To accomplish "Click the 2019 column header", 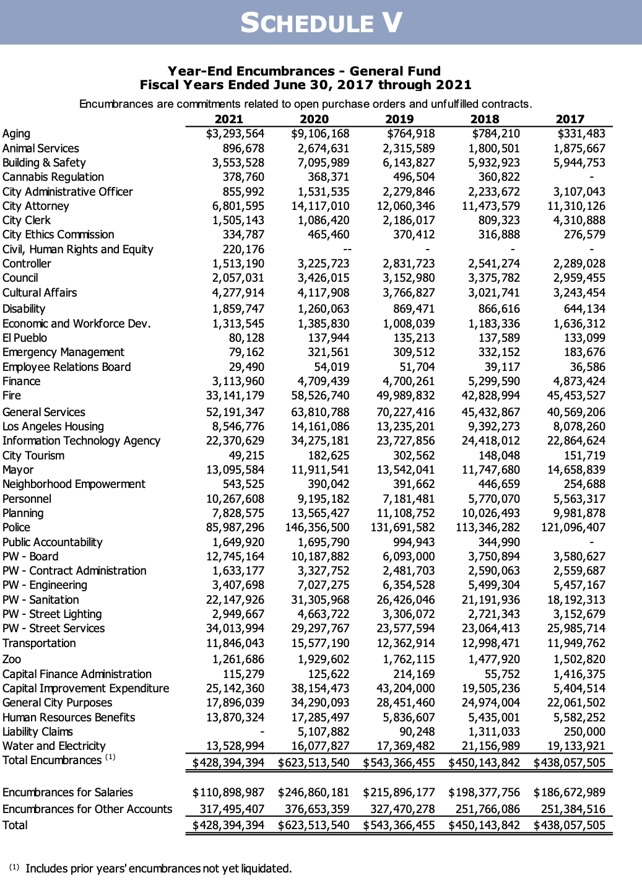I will tap(399, 119).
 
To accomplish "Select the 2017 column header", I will tap(570, 119).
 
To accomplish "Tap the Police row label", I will tap(16, 528).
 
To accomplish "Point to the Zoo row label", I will tap(12, 659).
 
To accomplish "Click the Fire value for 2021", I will tap(235, 396).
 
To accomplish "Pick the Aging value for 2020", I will tap(320, 134).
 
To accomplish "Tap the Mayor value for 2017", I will tap(576, 470).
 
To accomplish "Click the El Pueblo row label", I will tap(25, 338).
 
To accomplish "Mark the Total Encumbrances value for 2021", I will tap(228, 763).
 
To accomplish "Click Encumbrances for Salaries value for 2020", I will tap(314, 793).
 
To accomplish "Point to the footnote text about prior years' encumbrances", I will tap(158, 869).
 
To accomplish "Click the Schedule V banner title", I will tap(321, 23).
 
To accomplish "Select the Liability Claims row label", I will tap(38, 732).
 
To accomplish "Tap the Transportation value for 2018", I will tap(491, 643).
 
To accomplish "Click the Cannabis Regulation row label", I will tap(53, 177).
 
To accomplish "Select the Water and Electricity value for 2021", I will tap(235, 746).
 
